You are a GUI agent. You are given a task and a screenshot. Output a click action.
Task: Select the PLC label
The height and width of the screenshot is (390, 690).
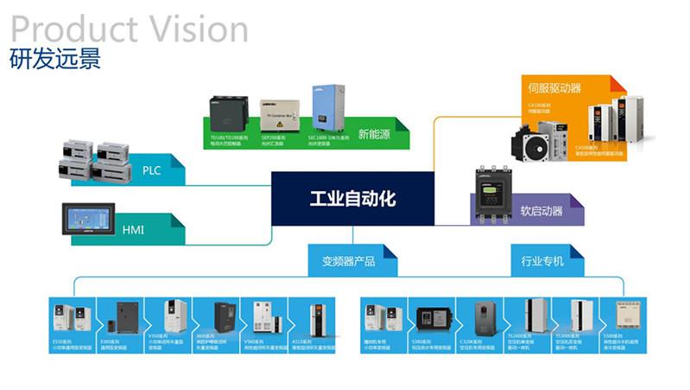(151, 170)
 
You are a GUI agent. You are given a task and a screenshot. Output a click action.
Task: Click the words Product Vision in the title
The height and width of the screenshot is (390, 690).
(129, 29)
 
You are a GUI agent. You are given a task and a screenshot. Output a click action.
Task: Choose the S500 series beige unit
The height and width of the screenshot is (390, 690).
(628, 318)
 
